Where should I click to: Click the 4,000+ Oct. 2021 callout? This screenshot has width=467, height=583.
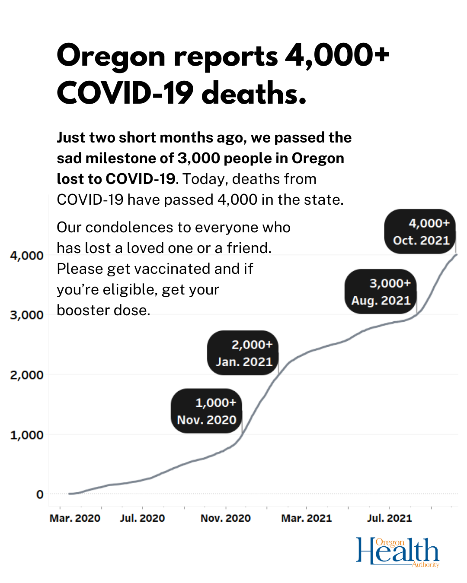[x=420, y=231]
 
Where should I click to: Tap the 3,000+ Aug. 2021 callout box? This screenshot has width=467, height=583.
[x=381, y=291]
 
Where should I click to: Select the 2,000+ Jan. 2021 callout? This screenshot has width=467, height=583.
[x=243, y=353]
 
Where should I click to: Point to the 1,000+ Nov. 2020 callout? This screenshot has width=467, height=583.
[x=206, y=411]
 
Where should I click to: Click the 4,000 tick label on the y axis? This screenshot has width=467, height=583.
[x=27, y=255]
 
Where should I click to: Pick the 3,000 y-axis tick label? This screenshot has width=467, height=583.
[x=27, y=315]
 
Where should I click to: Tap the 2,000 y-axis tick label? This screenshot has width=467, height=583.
[x=27, y=375]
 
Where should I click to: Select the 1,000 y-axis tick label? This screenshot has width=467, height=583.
[x=27, y=435]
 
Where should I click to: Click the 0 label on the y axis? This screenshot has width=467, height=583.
[x=40, y=494]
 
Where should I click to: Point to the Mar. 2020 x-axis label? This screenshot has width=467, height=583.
[x=75, y=518]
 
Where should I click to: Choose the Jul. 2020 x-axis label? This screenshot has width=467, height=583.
[x=142, y=518]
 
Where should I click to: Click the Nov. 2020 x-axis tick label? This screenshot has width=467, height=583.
[x=225, y=518]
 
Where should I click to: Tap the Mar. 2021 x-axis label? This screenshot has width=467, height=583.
[x=307, y=518]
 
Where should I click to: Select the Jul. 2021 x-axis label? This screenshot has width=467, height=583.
[x=389, y=518]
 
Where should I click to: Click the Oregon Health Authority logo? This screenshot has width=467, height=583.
[x=397, y=552]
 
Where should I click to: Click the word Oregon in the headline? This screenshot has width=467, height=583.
[x=111, y=57]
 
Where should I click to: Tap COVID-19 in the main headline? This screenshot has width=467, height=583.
[x=125, y=94]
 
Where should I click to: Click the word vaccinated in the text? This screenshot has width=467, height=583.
[x=168, y=269]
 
